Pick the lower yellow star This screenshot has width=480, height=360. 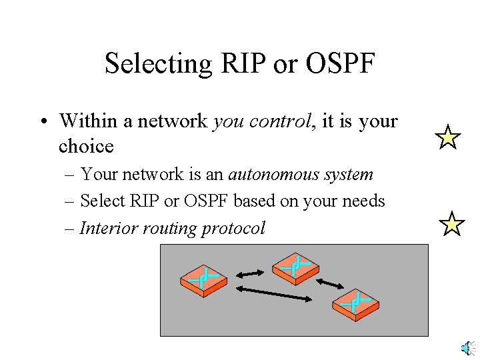coord(452,225)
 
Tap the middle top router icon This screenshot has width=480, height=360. coord(295,267)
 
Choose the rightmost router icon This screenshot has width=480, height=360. coord(355,305)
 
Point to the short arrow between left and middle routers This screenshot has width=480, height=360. coord(250,273)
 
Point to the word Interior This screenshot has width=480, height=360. coord(106,228)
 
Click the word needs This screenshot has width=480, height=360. coord(367,201)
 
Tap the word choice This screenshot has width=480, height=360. coord(86,146)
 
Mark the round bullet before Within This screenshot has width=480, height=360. coord(42,122)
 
